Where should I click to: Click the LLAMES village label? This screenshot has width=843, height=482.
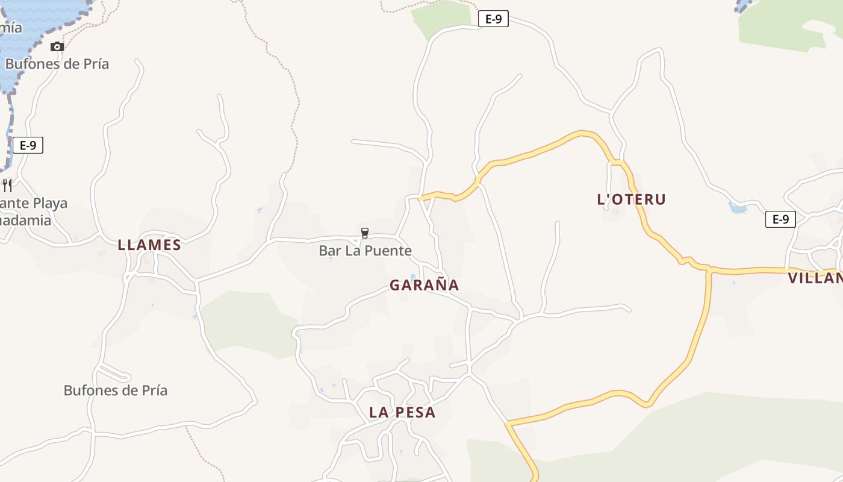pos(149,245)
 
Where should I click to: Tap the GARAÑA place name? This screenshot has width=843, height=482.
pos(424,285)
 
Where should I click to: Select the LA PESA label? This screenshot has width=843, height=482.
pos(402,413)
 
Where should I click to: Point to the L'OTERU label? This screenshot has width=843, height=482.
pos(631,199)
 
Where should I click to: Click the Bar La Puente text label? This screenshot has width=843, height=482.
pos(365,251)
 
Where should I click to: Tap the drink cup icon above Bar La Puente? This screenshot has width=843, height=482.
pos(364,233)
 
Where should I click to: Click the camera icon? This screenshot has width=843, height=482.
pos(57,46)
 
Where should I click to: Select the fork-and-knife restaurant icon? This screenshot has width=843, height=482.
pos(7,185)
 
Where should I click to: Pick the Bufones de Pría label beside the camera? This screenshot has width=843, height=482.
pos(57,64)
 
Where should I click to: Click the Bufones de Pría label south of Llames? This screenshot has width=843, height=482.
pos(116,390)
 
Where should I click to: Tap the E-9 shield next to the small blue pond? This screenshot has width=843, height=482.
pos(780,219)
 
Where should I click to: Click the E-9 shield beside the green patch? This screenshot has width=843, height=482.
pos(493,19)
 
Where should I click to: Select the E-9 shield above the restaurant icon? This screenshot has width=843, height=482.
pos(28,145)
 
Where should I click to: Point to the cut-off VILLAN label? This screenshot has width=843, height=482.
pos(815,278)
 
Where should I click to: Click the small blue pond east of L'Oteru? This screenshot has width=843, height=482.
pos(737,208)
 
